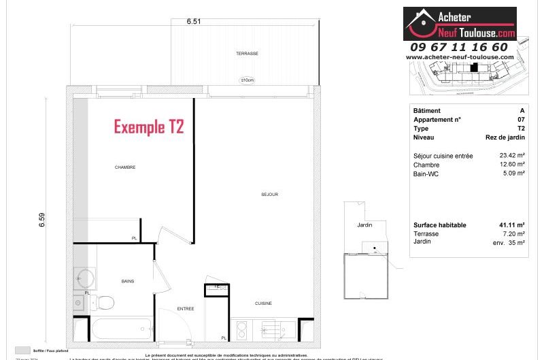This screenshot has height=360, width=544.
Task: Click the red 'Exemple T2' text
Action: [x=148, y=127]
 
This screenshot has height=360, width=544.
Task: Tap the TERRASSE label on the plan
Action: [x=247, y=53]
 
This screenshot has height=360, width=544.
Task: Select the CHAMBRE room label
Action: [x=125, y=167]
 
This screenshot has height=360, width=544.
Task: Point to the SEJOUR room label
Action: [x=269, y=194]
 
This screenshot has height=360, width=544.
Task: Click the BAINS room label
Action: [x=128, y=280]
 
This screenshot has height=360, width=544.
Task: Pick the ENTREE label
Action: [x=186, y=308]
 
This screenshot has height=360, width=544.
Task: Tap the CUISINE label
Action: [x=264, y=303]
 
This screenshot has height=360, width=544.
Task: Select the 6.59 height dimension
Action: [x=41, y=220]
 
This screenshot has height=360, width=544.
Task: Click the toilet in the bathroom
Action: [x=104, y=301]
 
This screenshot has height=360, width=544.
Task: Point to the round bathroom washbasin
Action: [x=84, y=277]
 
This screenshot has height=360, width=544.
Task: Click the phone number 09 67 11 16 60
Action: [x=459, y=47]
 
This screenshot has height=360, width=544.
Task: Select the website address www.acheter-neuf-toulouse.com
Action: [x=460, y=57]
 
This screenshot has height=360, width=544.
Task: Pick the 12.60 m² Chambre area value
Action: [x=511, y=165]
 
